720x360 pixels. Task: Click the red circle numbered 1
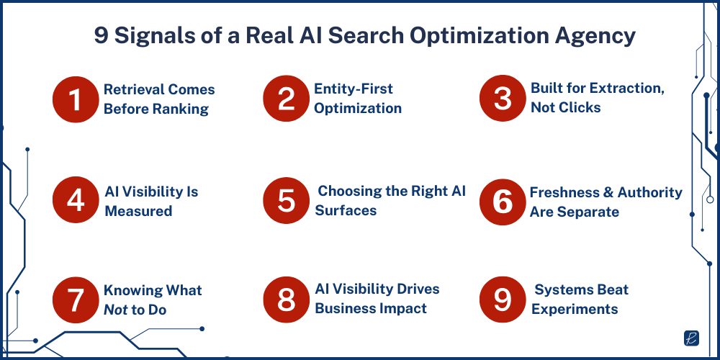pyautogui.click(x=76, y=99)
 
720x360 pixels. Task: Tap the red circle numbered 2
pyautogui.click(x=286, y=99)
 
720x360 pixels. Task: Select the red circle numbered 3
pyautogui.click(x=503, y=99)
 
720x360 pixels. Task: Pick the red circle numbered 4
pyautogui.click(x=76, y=201)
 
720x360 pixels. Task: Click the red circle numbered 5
pyautogui.click(x=286, y=201)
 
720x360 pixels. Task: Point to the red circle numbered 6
pyautogui.click(x=503, y=201)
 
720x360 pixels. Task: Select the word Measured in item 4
pyautogui.click(x=138, y=212)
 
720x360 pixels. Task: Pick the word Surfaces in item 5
pyautogui.click(x=346, y=211)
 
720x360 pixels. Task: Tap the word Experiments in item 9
pyautogui.click(x=575, y=309)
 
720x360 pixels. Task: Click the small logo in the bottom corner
pyautogui.click(x=691, y=338)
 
